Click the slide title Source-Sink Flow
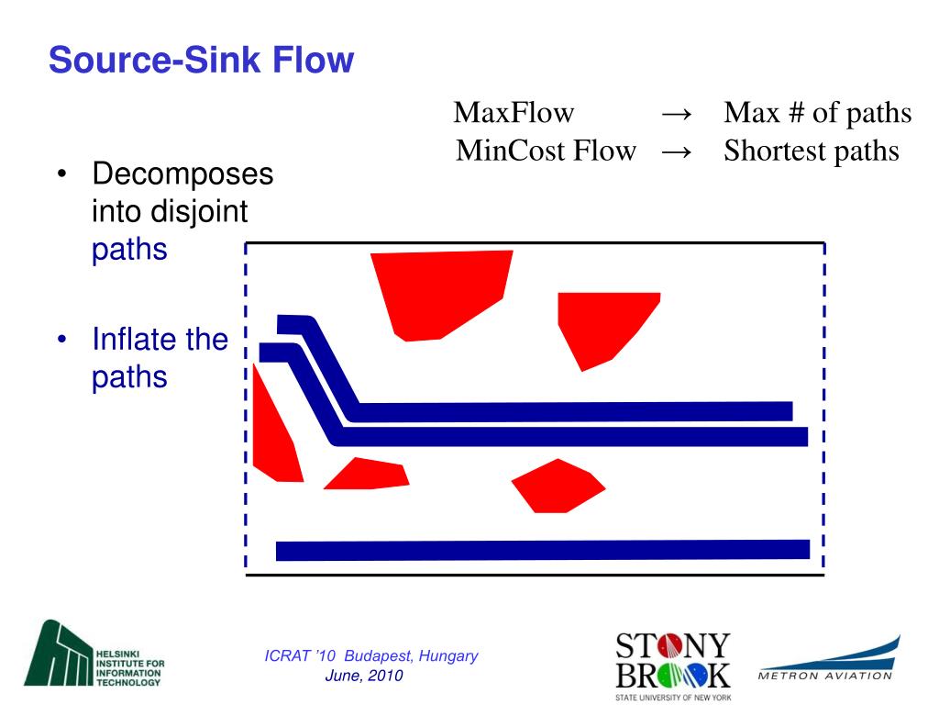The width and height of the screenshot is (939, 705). pos(201,62)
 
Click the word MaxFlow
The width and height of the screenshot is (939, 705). pos(514,113)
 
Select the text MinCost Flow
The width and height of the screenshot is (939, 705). pos(546,150)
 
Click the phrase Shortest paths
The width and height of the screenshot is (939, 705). pos(811,150)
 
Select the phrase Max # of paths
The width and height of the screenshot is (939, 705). pos(817,113)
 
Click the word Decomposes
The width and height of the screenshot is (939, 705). pos(182,173)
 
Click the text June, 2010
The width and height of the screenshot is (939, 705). pos(364,676)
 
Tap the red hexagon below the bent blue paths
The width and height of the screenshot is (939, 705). pos(557,485)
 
